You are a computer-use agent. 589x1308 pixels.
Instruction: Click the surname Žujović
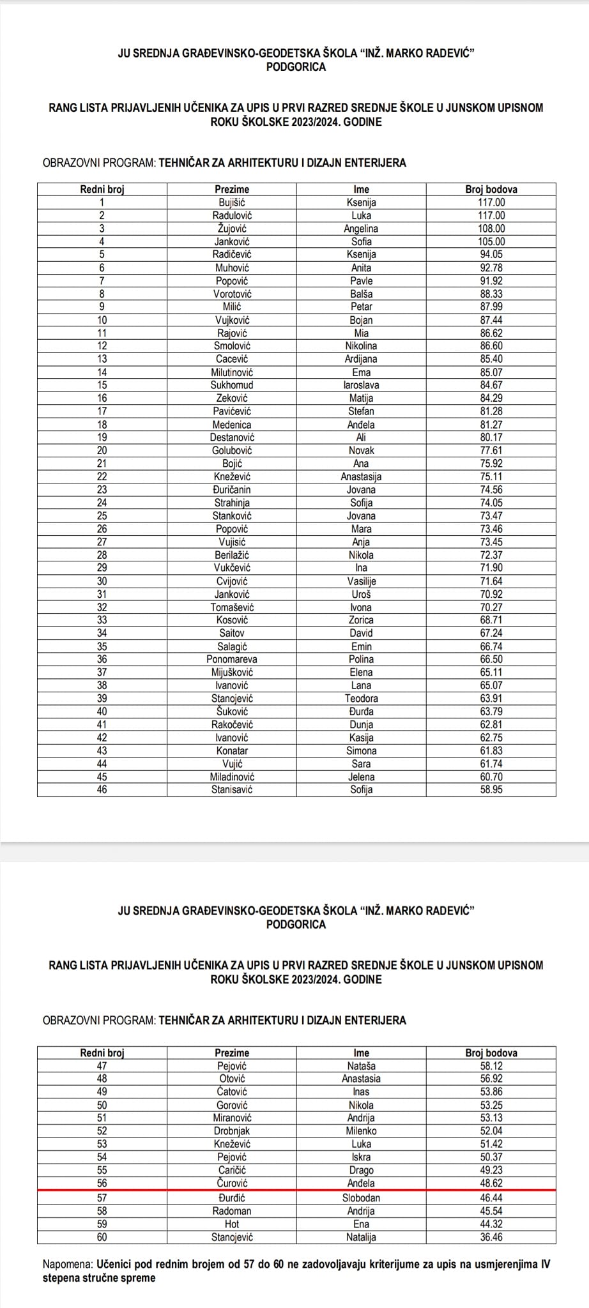232,229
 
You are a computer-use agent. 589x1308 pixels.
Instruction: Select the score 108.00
491,229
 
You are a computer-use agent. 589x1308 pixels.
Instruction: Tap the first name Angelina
361,229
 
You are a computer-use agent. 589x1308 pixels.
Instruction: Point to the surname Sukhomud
232,385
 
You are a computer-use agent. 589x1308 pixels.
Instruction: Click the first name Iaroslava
361,385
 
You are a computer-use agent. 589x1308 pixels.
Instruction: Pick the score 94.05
491,255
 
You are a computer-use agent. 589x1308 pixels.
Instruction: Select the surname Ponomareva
232,659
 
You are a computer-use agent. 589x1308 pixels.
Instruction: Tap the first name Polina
361,659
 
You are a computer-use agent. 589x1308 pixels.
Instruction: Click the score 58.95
491,790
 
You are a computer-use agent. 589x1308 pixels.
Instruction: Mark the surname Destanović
232,437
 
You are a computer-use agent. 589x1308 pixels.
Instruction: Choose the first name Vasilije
361,581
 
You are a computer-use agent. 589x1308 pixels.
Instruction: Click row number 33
102,620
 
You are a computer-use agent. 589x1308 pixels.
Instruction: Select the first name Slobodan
361,1198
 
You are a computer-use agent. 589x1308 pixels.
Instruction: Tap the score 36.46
491,1237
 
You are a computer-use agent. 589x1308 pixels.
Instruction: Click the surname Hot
232,1224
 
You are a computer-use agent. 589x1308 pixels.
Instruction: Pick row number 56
102,1183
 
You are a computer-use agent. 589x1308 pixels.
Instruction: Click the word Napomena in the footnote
68,1264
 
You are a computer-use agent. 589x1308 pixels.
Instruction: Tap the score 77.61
491,450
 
